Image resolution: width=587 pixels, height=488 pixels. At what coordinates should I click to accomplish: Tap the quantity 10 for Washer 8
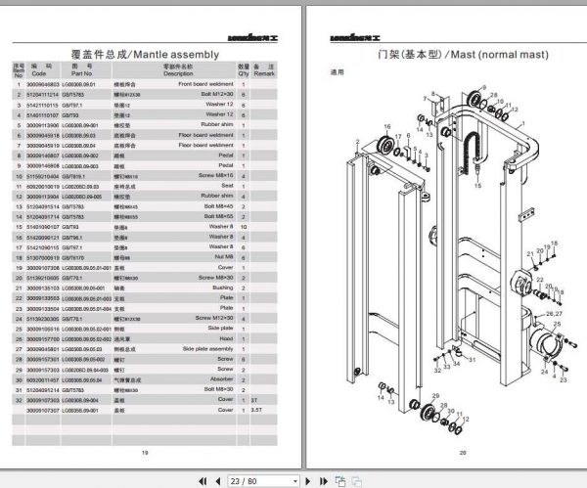pyautogui.click(x=242, y=226)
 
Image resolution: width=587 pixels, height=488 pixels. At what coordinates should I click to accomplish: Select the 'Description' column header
pyautogui.click(x=178, y=72)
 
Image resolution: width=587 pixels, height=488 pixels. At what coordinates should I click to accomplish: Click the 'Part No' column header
pyautogui.click(x=80, y=72)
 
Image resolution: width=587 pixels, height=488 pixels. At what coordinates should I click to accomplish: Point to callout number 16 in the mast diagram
pyautogui.click(x=386, y=127)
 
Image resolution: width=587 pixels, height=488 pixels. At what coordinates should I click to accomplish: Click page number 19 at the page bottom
pyautogui.click(x=144, y=452)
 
